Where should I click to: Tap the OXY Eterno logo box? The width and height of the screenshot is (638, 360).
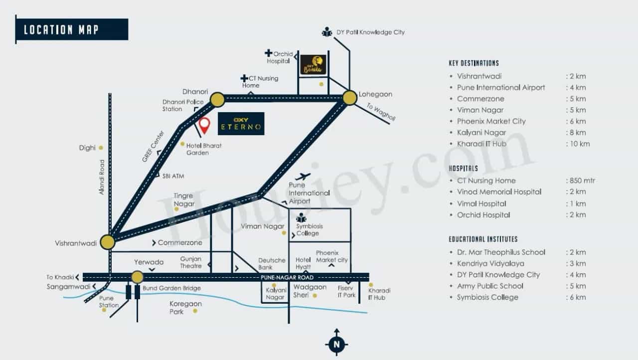pos(241,124)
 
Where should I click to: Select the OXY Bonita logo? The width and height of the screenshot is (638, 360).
pos(313,65)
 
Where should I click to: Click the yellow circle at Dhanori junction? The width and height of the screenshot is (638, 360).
pos(217,100)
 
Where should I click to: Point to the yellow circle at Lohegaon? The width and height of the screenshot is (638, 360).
pos(350,98)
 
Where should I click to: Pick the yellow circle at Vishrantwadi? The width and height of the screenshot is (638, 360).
pos(108,242)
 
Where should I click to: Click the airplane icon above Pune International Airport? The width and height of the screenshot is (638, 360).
pos(303,177)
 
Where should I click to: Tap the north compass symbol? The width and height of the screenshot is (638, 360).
pos(336,343)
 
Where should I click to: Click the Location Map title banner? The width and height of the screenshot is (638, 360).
pos(72,29)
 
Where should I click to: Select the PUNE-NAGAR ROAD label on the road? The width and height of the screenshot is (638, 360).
pos(287,277)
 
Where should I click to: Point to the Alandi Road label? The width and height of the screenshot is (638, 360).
pos(102,177)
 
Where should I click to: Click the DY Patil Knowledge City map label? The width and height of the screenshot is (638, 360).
pos(370,32)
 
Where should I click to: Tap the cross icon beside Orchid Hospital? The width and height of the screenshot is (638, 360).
pos(268,53)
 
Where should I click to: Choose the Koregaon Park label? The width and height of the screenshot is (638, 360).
pos(185,308)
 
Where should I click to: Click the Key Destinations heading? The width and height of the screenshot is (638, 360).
pos(474,63)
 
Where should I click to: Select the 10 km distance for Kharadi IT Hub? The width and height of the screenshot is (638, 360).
pos(578,144)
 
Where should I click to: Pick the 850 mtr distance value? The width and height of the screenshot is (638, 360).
pos(581,180)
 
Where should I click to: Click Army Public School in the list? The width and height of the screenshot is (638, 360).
pos(490,286)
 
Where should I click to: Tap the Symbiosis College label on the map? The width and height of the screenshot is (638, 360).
pos(310,229)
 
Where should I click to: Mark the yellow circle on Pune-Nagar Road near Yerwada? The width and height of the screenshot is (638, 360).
pos(137,277)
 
